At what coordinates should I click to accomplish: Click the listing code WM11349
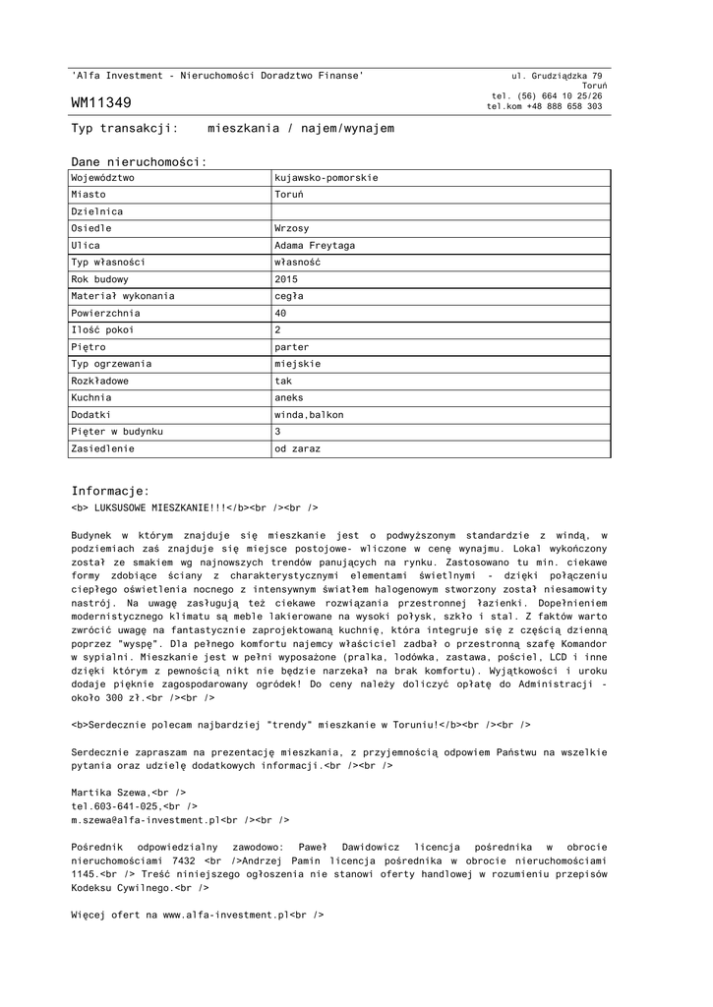[x=101, y=102]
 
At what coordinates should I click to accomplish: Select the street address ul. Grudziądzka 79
[x=557, y=76]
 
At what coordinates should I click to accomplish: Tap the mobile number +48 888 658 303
[x=564, y=106]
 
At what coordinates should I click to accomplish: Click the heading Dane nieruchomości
[x=139, y=161]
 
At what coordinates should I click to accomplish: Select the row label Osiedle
[x=91, y=228]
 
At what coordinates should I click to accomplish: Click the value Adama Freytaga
[x=315, y=245]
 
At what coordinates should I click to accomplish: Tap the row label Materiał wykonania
[x=123, y=295]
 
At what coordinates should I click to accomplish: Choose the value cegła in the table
[x=289, y=295]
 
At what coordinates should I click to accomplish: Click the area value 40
[x=280, y=313]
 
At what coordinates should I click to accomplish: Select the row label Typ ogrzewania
[x=111, y=363]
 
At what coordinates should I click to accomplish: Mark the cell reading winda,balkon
[x=309, y=414]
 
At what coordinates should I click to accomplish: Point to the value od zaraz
[x=297, y=448]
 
